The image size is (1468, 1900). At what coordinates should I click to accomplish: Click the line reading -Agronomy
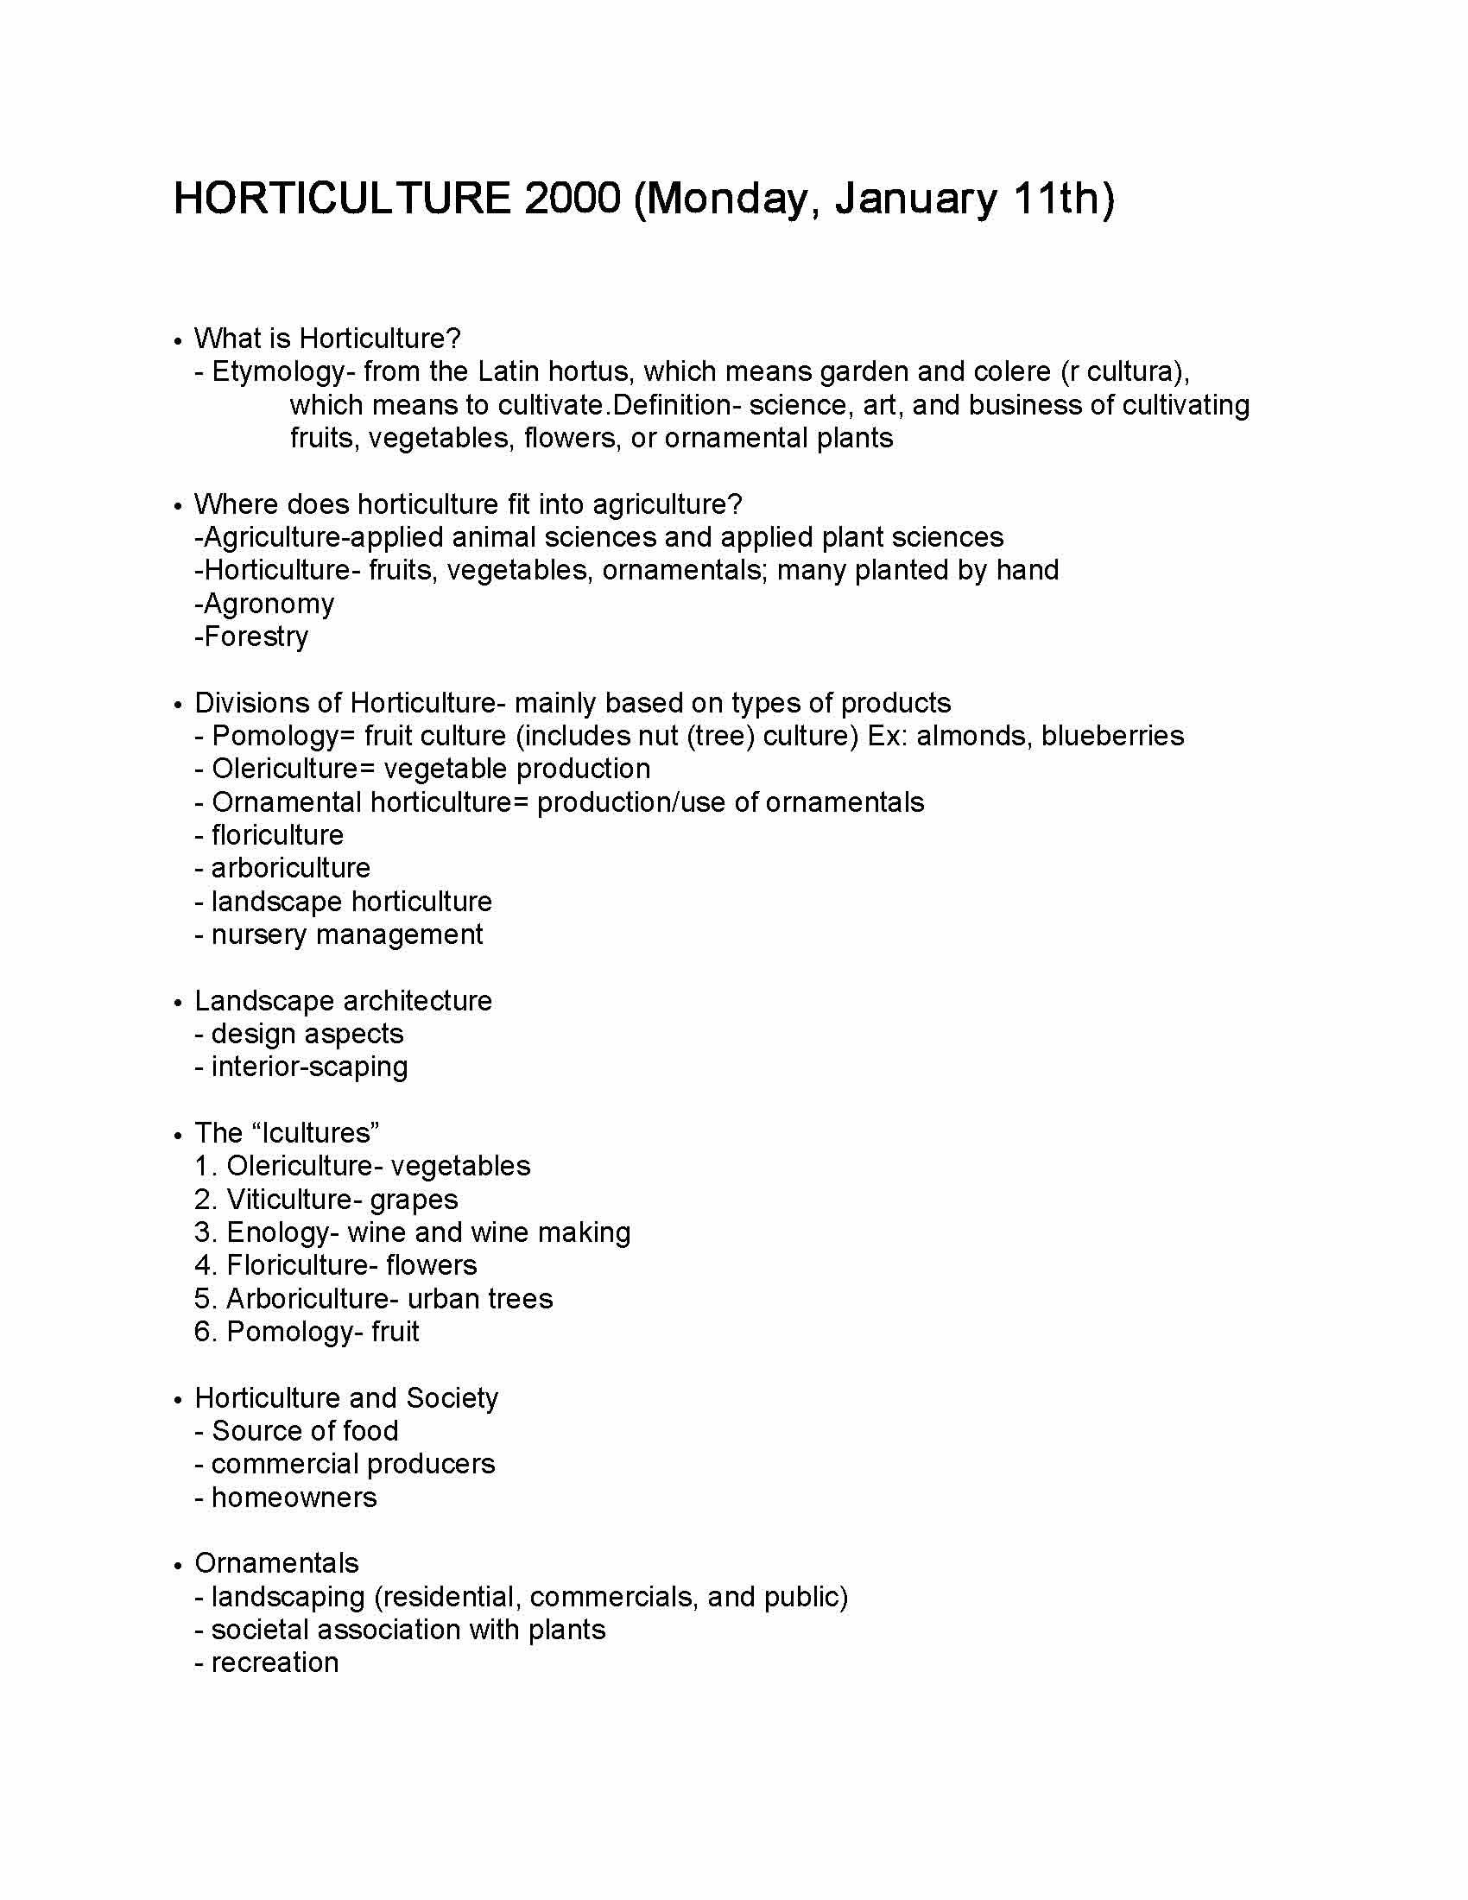point(264,603)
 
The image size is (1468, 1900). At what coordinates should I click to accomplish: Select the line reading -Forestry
point(251,636)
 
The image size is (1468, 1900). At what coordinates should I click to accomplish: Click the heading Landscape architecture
point(343,1000)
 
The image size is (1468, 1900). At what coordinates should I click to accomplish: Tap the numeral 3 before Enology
point(204,1232)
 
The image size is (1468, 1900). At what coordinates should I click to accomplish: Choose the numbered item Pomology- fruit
point(307,1331)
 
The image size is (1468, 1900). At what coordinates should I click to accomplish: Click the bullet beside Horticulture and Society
point(177,1400)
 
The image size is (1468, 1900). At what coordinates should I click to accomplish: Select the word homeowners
point(294,1498)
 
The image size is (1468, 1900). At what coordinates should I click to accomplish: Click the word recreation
point(275,1662)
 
